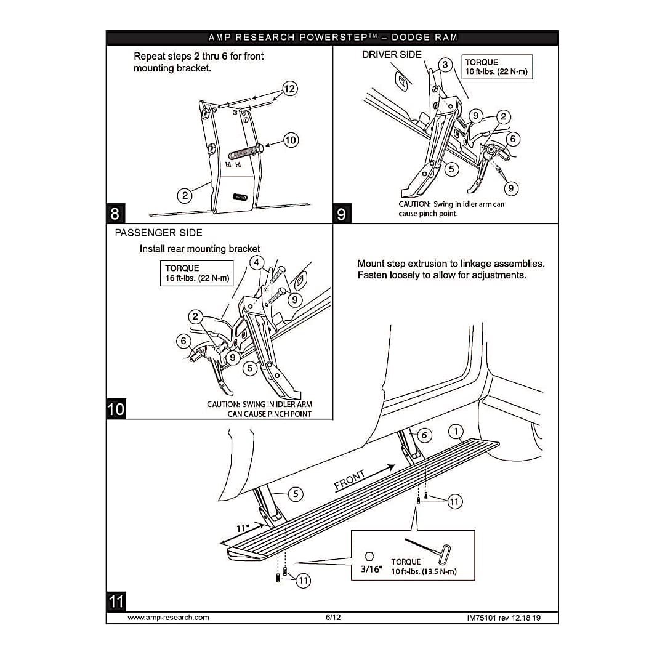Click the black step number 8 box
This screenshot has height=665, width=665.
pyautogui.click(x=115, y=214)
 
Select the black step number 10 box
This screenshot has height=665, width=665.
pyautogui.click(x=116, y=409)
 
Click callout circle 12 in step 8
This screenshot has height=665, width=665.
pyautogui.click(x=289, y=89)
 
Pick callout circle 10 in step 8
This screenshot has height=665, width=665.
pyautogui.click(x=291, y=140)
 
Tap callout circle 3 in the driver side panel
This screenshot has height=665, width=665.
pyautogui.click(x=445, y=65)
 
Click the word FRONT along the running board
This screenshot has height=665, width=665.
pyautogui.click(x=350, y=480)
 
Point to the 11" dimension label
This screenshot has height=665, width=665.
pyautogui.click(x=243, y=528)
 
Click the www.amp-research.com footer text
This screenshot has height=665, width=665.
pyautogui.click(x=168, y=617)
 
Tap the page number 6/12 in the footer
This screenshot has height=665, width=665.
pyautogui.click(x=332, y=617)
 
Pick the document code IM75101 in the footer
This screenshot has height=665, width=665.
pyautogui.click(x=485, y=617)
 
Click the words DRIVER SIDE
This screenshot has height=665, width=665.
pyautogui.click(x=392, y=54)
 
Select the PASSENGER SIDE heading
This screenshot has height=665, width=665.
pyautogui.click(x=158, y=233)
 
